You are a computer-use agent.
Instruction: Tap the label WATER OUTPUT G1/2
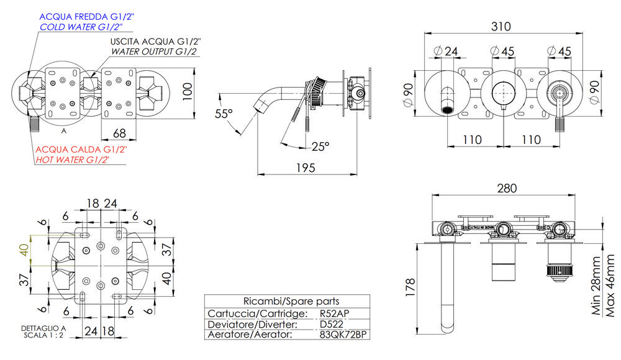154,52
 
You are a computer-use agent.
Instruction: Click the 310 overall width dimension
500,27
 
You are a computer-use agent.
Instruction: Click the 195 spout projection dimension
306,168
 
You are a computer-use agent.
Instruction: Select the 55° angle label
224,114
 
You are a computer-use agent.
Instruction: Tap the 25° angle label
320,146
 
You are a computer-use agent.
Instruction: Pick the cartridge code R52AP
334,313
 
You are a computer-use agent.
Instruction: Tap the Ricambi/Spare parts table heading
278,301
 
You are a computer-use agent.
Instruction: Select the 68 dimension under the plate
120,133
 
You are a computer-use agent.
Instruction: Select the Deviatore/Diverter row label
252,324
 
